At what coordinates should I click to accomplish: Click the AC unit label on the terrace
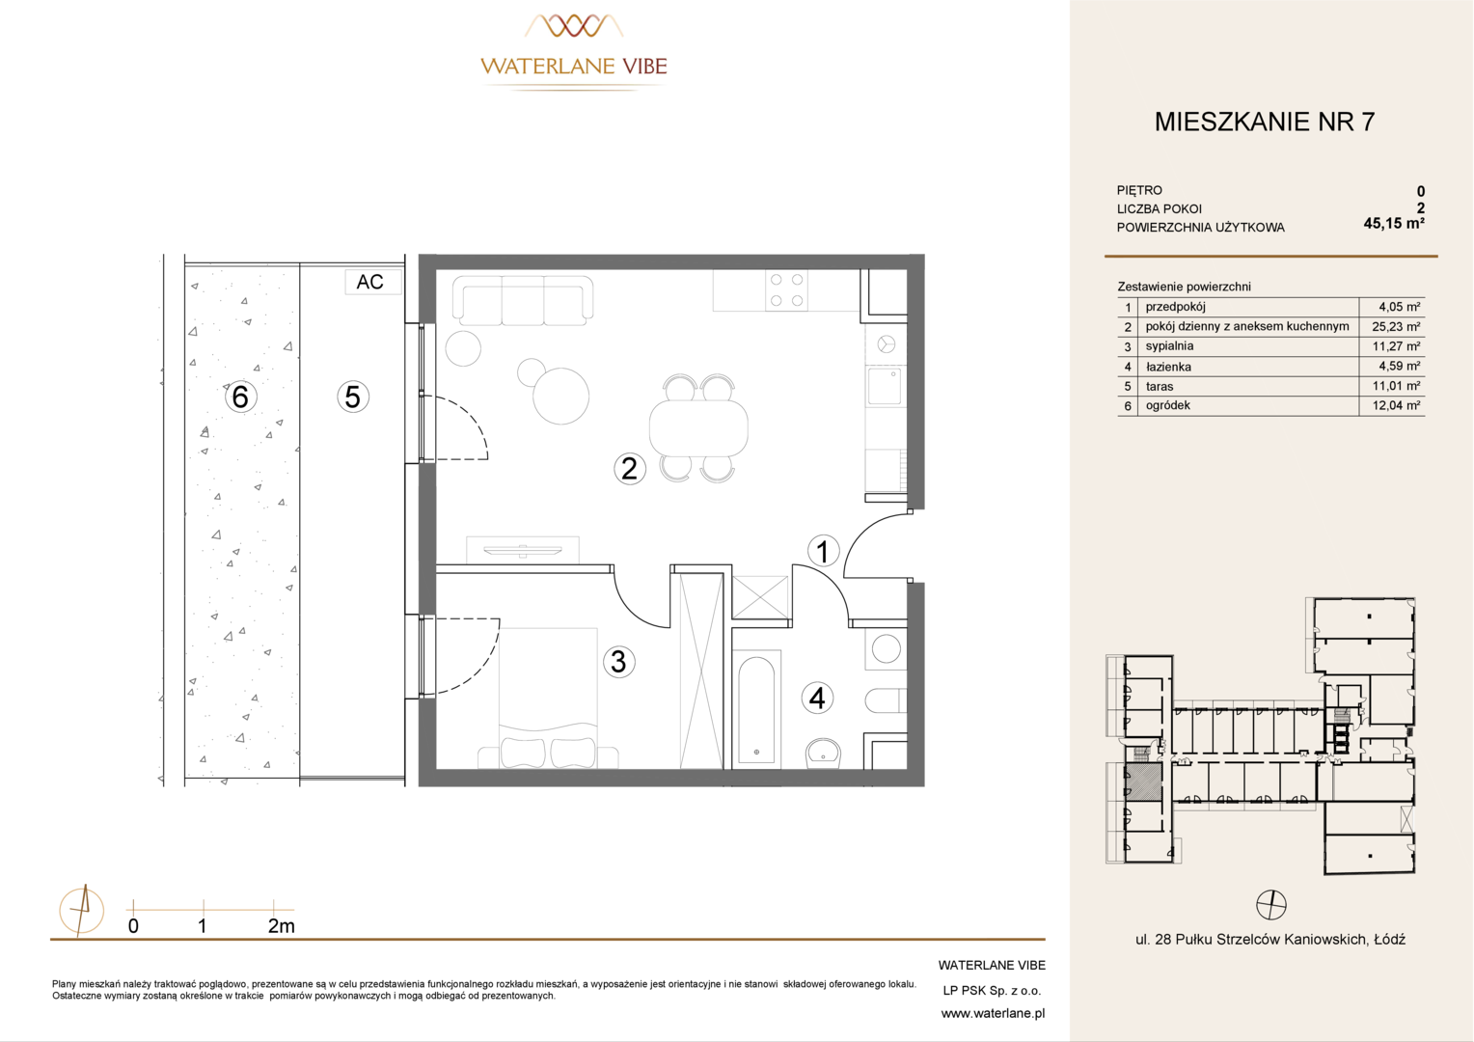point(369,282)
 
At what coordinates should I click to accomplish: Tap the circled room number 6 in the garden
point(240,397)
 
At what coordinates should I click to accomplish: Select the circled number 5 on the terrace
point(353,397)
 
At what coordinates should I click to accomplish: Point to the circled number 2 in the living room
point(629,469)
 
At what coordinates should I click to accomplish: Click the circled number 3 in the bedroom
point(618,662)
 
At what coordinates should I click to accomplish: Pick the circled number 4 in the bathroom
point(817,698)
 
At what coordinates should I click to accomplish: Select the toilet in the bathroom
point(886,701)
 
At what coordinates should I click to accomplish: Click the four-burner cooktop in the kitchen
point(786,289)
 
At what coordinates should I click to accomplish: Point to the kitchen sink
point(885,386)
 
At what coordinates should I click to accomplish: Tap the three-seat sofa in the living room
point(523,300)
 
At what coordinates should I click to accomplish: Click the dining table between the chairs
point(698,427)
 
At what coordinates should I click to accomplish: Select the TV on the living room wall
point(523,550)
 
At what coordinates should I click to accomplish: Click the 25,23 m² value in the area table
point(1396,326)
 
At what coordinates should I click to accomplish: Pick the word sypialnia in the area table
point(1169,346)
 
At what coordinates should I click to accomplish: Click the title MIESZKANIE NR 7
point(1265,122)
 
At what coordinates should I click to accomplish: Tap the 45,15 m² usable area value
point(1394,224)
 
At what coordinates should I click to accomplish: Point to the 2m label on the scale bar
point(281,926)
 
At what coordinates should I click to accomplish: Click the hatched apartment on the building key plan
point(1143,782)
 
